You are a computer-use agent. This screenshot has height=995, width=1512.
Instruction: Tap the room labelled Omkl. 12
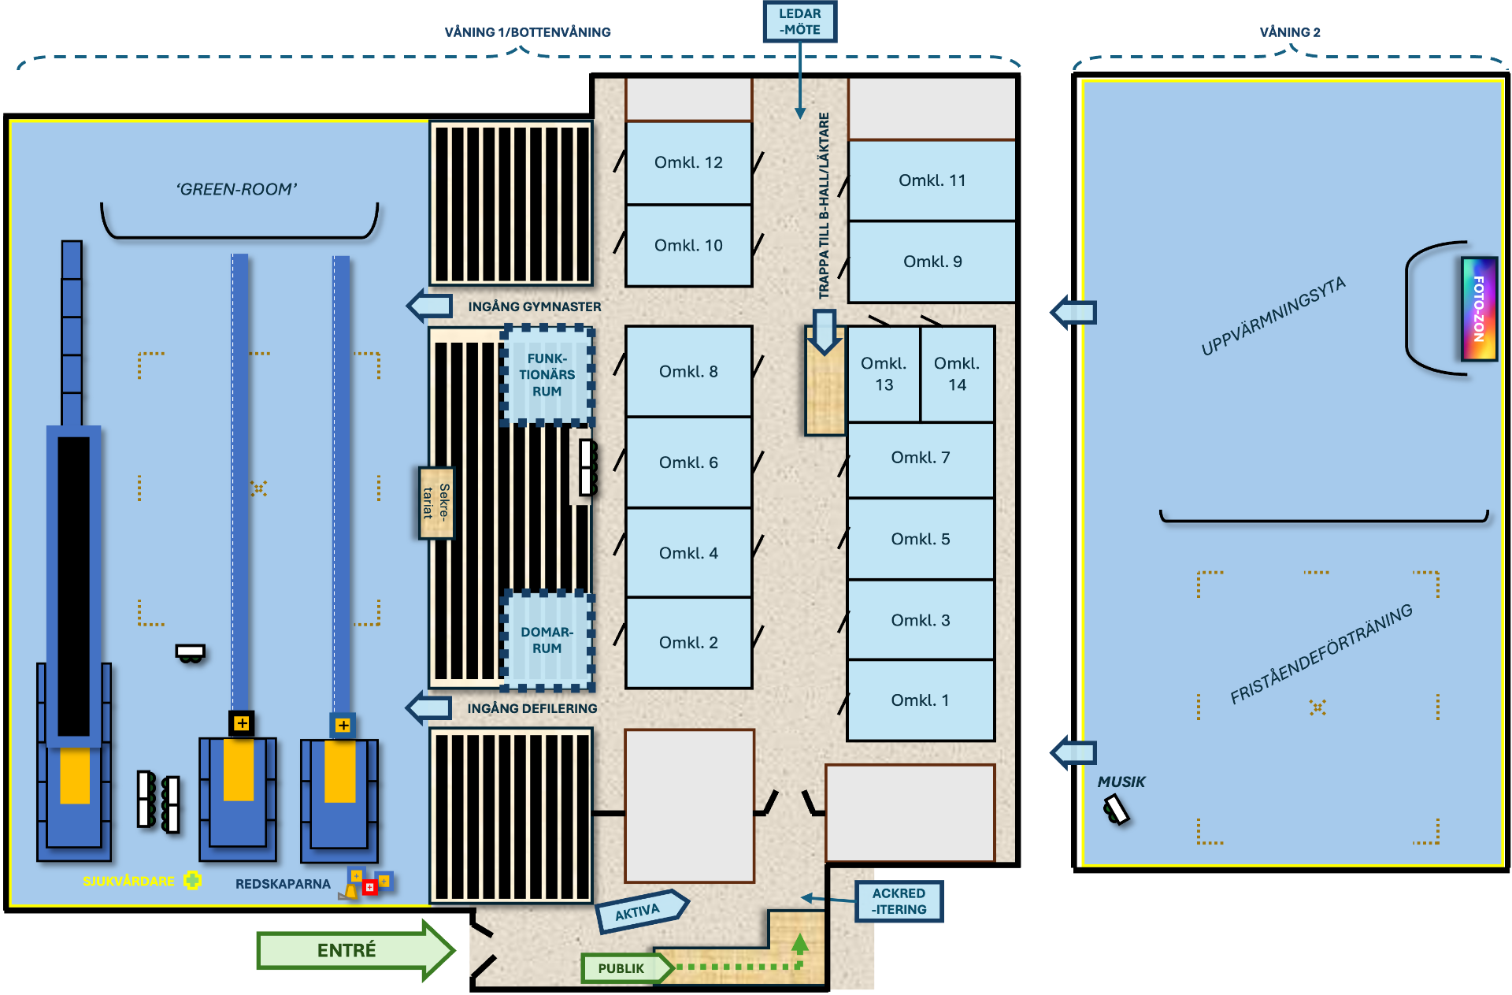(x=688, y=162)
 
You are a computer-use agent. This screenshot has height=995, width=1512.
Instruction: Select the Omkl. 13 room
(x=884, y=374)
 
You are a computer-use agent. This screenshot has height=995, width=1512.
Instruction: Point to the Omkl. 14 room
(x=957, y=374)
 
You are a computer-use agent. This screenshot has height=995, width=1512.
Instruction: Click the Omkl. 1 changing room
(x=920, y=700)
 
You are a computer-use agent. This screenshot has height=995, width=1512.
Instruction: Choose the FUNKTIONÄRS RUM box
(x=547, y=375)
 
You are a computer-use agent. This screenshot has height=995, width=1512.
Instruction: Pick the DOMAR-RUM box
(x=547, y=640)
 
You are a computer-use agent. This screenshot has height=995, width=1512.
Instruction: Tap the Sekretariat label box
(x=436, y=503)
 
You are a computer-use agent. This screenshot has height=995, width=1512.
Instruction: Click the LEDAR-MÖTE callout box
(x=799, y=21)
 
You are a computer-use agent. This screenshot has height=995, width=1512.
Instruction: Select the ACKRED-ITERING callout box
(x=899, y=901)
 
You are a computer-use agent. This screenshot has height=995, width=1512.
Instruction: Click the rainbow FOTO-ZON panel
(x=1478, y=309)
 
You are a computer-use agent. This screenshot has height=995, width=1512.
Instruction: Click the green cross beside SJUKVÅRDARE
(x=192, y=880)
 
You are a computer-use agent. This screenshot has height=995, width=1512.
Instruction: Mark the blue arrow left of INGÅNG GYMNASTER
(x=430, y=306)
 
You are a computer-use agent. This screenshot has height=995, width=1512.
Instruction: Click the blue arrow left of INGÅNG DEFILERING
(x=429, y=707)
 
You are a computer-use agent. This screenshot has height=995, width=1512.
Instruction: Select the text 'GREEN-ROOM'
(x=236, y=189)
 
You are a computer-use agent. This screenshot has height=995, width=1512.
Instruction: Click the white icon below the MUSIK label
(x=1116, y=809)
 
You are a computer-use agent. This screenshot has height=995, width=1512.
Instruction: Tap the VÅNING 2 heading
(x=1289, y=32)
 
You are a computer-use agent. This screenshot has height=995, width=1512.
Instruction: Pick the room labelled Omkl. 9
(x=932, y=262)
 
